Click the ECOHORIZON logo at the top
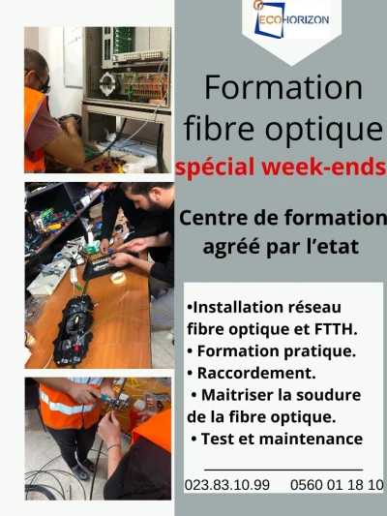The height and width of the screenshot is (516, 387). (x=291, y=19)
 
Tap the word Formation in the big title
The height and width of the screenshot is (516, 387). (x=283, y=87)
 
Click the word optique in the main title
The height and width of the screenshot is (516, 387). (x=324, y=130)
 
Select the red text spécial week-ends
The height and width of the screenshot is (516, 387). (x=281, y=167)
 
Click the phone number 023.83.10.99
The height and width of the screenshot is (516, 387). (x=227, y=485)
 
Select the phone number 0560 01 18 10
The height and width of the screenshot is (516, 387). (x=337, y=485)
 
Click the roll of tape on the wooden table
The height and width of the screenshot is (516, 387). (x=118, y=278)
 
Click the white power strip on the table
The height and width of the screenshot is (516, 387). (x=74, y=274)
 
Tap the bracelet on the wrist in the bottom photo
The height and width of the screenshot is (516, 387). (x=114, y=447)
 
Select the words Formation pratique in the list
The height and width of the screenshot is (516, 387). (x=277, y=350)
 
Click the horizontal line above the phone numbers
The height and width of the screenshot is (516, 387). (x=283, y=470)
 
